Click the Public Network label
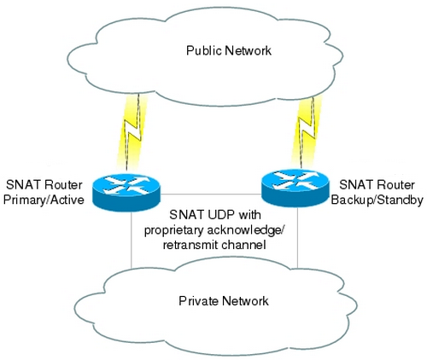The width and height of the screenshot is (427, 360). coord(229,51)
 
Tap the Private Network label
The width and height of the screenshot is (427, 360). coord(224,301)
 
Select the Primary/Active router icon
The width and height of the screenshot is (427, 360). coord(126,192)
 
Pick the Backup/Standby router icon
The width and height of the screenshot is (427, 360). coord(295,188)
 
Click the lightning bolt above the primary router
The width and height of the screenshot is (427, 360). coord(132,132)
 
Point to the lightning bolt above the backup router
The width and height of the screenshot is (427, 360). coord(307,131)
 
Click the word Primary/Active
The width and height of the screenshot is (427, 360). coord(44,200)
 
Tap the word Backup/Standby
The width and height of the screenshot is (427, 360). coord(377,200)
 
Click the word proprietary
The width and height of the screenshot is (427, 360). coord(173,230)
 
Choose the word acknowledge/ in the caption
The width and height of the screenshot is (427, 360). coord(245,230)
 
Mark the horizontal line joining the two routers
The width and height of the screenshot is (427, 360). coord(211,195)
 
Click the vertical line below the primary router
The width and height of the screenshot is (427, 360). coord(132,239)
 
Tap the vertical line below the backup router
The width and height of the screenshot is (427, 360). coord(298,237)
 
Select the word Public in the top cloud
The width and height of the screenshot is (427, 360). coord(204,51)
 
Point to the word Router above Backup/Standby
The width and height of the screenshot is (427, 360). coord(396,185)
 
